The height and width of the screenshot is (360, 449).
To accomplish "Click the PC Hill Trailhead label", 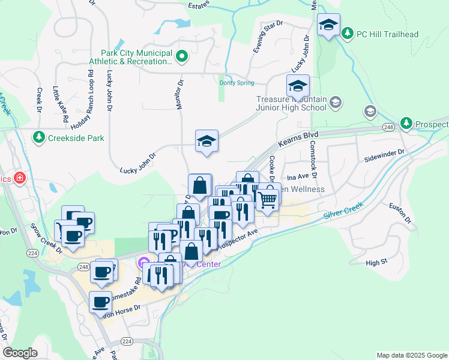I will point(388,34).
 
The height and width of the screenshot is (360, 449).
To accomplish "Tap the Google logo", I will point(20,353).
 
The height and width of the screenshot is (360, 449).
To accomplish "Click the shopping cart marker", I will point(267,200).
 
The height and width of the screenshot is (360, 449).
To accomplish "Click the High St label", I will point(376,263).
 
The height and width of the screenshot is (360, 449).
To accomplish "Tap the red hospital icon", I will point(20,178).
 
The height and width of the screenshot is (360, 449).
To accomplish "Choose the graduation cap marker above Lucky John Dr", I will point(206,142).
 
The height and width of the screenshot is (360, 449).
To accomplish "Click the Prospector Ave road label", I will point(238,239).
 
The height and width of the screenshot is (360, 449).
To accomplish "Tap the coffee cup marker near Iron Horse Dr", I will point(100,301).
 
